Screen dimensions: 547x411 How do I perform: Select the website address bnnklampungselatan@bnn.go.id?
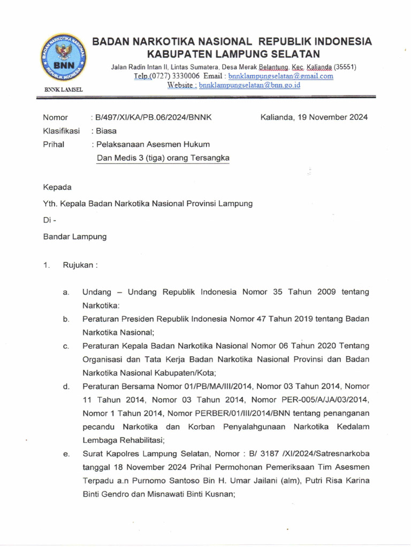(249, 85)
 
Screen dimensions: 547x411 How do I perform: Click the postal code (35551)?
(345, 67)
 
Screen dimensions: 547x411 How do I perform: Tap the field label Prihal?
(54, 144)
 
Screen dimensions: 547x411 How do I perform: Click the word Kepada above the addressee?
(57, 187)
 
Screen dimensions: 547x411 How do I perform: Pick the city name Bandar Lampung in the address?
(75, 236)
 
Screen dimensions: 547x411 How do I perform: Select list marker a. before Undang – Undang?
(66, 292)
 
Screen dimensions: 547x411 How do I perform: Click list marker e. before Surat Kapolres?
(66, 454)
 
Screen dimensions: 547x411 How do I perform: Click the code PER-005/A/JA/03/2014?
(327, 400)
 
